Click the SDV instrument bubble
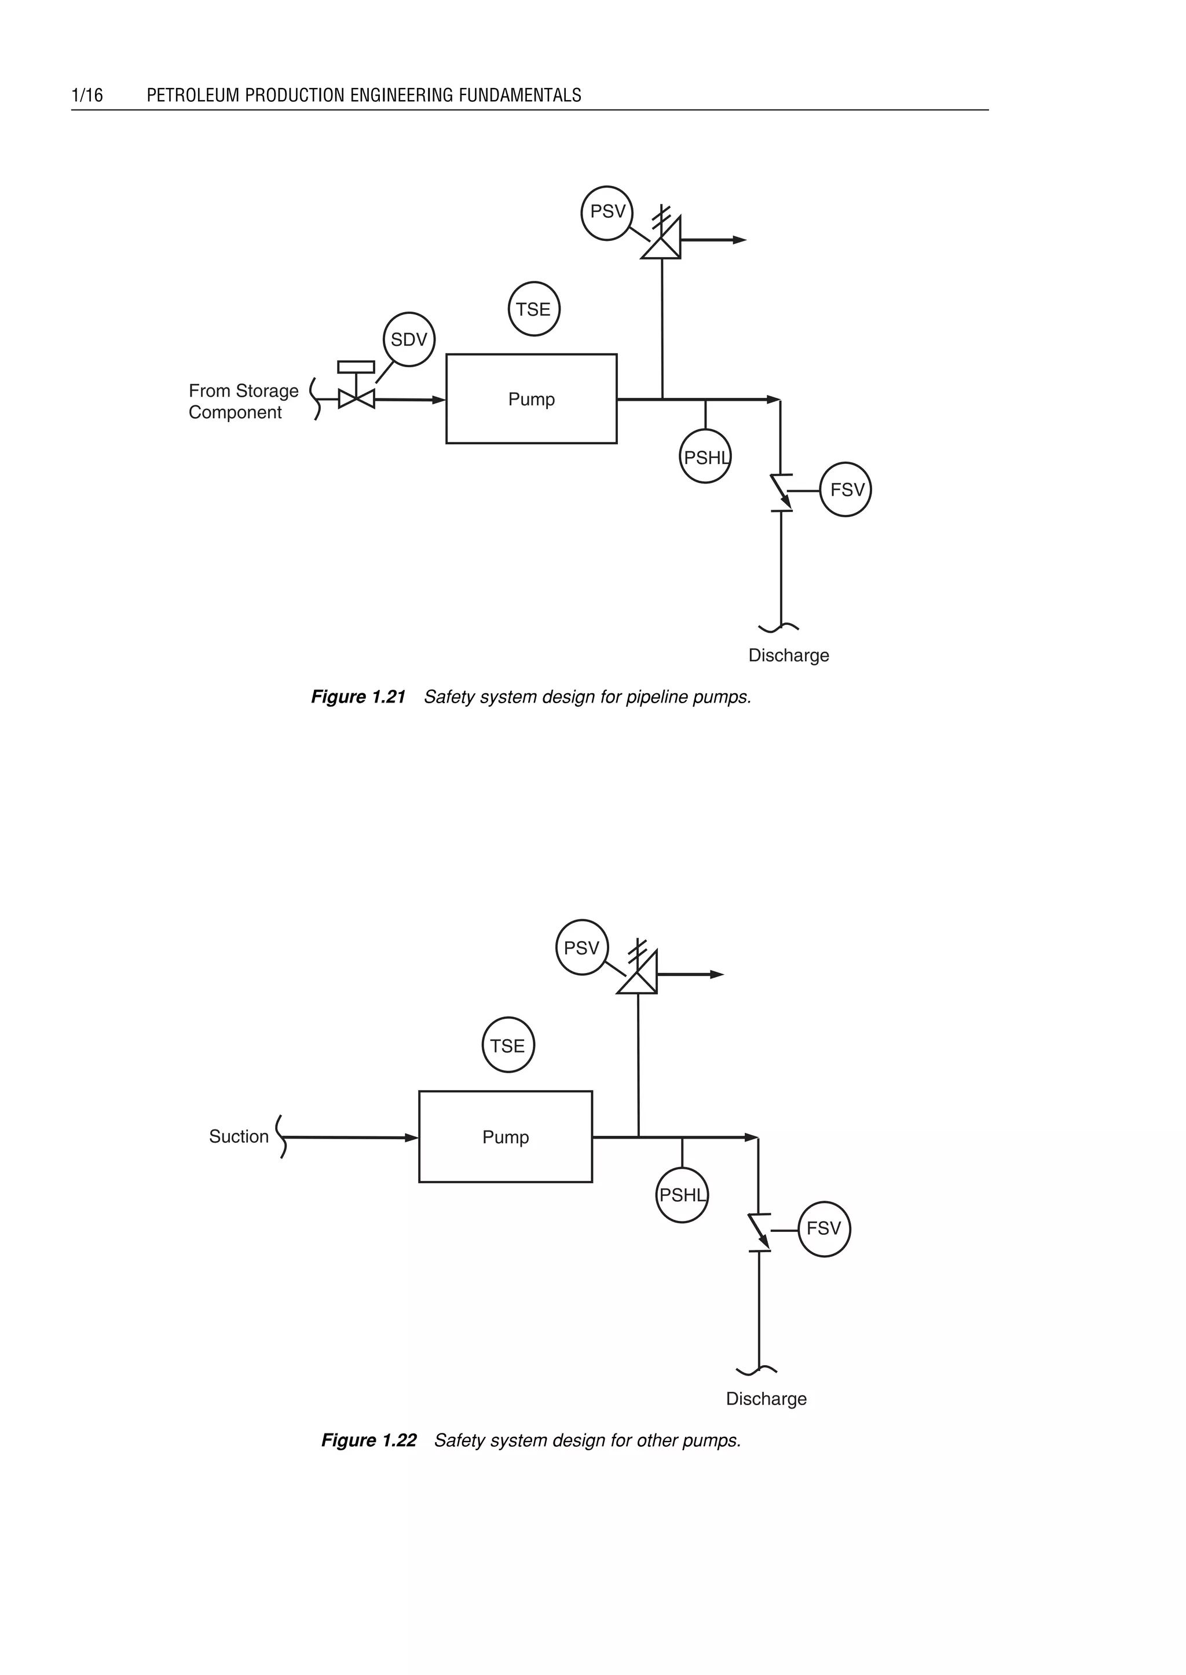(409, 339)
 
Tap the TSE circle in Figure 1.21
(534, 309)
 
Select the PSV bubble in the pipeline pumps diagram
(607, 213)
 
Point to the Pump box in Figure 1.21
(531, 399)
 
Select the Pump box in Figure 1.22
(506, 1136)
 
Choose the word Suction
(239, 1136)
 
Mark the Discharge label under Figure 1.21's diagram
(789, 655)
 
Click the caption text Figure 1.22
(369, 1440)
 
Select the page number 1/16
(87, 95)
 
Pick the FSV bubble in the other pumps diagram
(824, 1228)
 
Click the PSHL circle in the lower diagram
(682, 1195)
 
